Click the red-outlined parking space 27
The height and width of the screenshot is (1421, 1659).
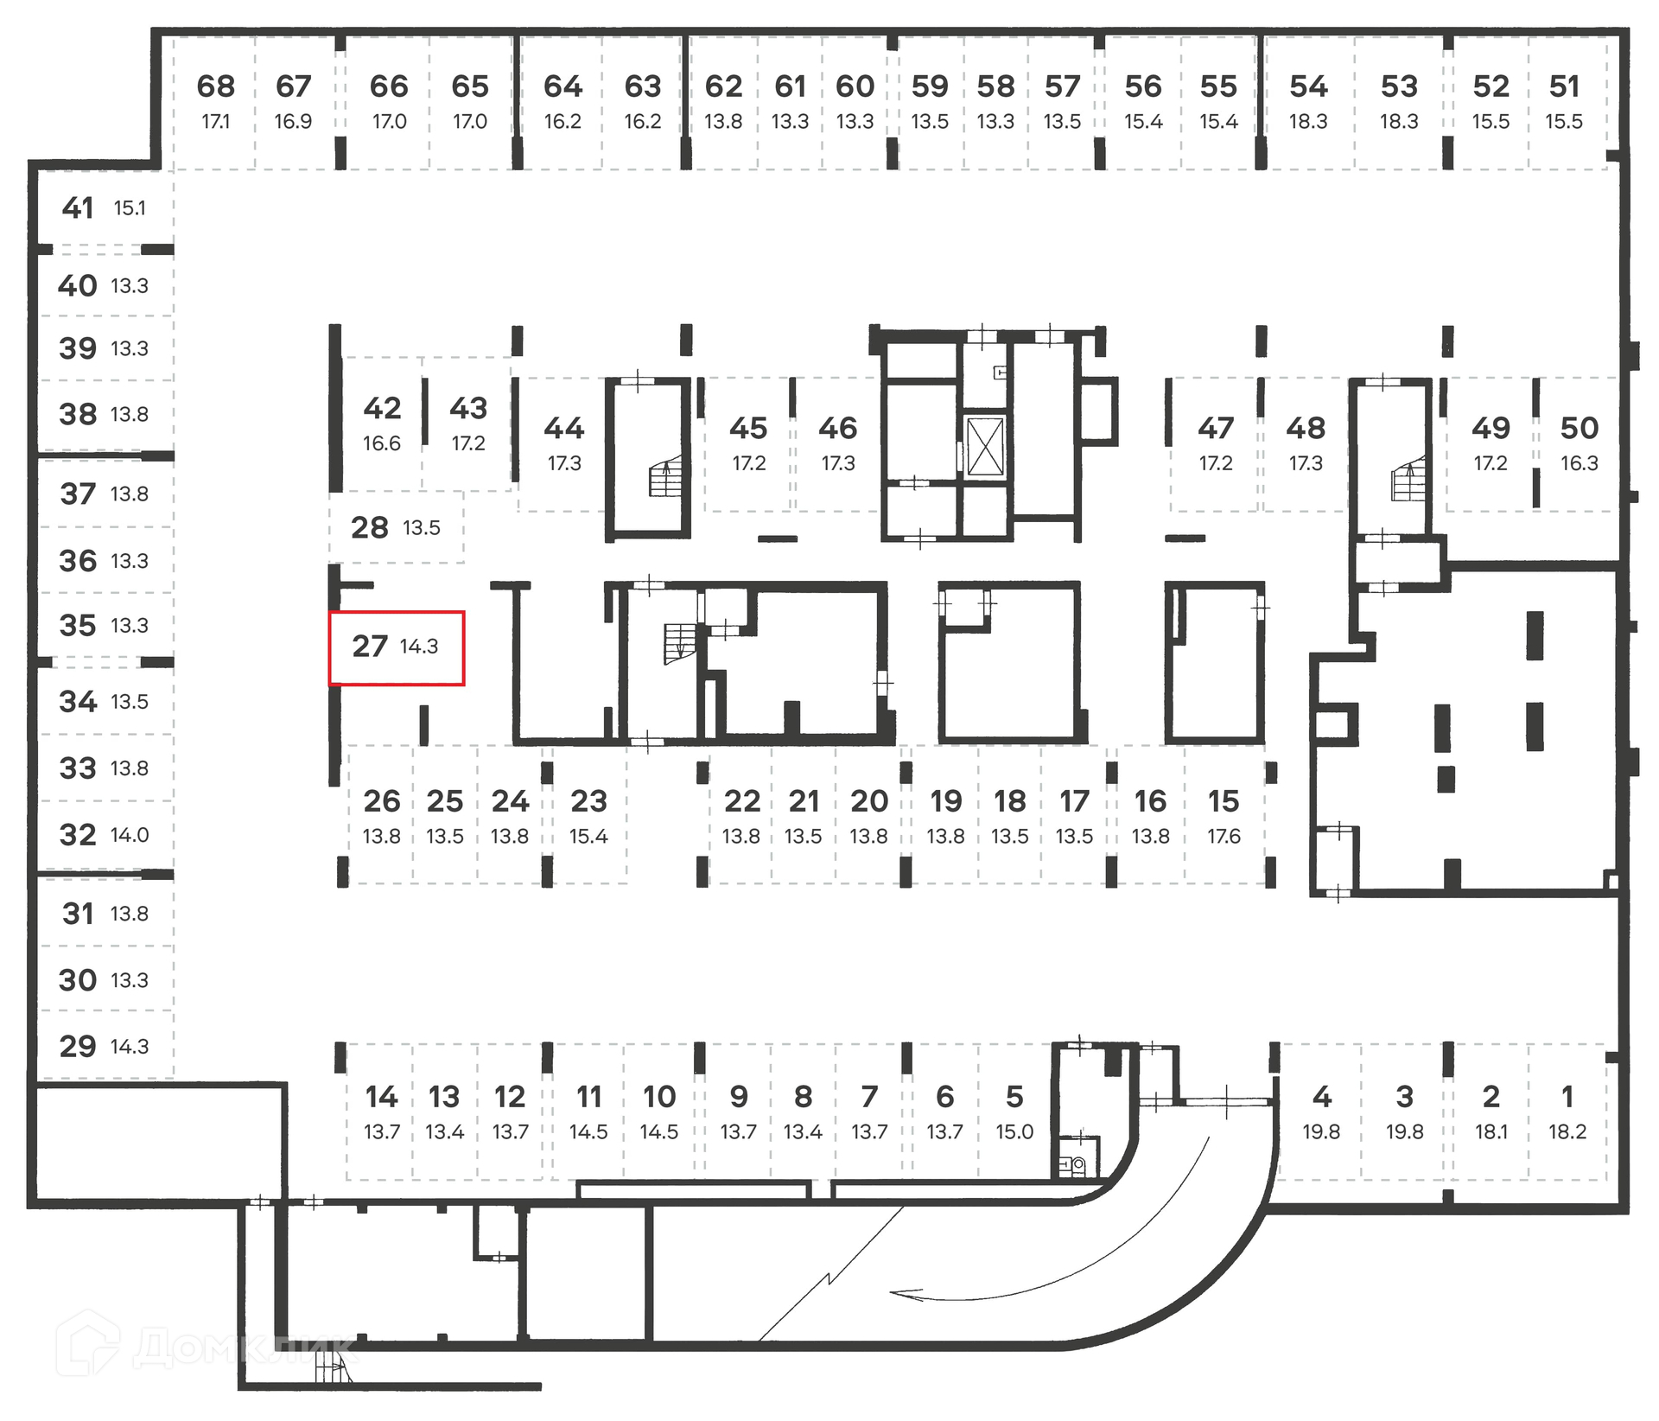(x=397, y=647)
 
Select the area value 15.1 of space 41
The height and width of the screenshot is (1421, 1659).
(x=130, y=208)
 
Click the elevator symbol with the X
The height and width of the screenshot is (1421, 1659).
(x=985, y=446)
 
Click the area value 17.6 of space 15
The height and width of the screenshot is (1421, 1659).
(x=1224, y=837)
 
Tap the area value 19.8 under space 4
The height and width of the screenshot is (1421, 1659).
(x=1321, y=1131)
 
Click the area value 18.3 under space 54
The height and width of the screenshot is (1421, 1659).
(x=1308, y=122)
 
